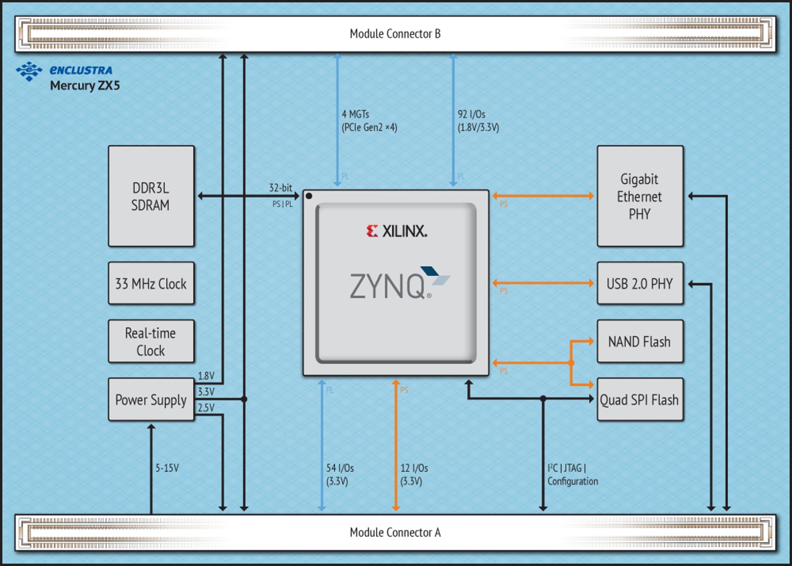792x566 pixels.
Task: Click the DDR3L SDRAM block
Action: click(151, 196)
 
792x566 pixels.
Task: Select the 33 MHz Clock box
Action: click(151, 283)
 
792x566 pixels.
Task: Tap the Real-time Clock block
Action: click(151, 341)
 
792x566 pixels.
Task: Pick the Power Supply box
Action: click(151, 399)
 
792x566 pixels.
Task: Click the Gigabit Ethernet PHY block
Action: click(640, 196)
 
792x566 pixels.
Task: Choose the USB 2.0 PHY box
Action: click(640, 283)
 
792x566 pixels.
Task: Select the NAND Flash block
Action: click(640, 341)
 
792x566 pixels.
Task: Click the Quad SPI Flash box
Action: click(640, 399)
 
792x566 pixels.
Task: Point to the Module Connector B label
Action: click(395, 34)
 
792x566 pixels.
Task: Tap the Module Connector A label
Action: click(395, 532)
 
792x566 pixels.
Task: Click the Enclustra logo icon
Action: click(29, 71)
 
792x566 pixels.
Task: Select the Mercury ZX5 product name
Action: click(85, 85)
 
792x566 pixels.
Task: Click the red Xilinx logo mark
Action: click(372, 231)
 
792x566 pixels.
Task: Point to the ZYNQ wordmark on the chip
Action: click(388, 286)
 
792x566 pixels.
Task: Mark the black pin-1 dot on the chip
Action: click(309, 196)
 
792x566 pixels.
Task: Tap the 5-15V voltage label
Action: click(167, 468)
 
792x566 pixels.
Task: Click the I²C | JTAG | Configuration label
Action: click(572, 475)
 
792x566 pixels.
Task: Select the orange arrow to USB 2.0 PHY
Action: click(543, 283)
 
